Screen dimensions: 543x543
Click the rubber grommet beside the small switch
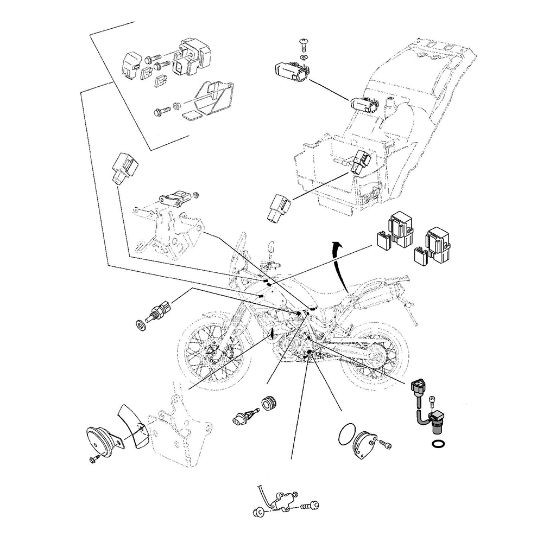click(x=269, y=404)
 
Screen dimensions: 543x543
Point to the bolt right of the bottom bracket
click(x=310, y=506)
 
